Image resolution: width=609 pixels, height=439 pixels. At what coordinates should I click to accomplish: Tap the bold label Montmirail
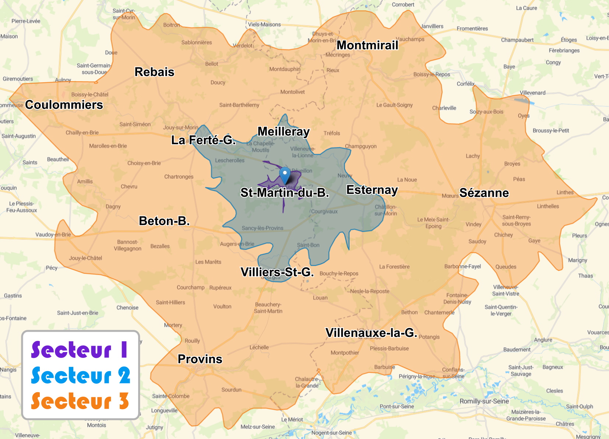coord(367,45)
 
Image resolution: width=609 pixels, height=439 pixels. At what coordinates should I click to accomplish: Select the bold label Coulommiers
coord(64,105)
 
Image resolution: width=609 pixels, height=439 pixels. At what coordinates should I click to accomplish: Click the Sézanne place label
coord(484,193)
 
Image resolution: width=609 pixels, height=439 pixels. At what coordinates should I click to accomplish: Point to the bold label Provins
coord(200,359)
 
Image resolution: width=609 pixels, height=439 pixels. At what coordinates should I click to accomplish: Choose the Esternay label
coord(372,190)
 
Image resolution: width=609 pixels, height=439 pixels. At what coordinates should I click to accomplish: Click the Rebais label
coord(154,72)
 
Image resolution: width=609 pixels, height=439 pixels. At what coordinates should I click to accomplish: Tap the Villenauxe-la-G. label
coord(371,332)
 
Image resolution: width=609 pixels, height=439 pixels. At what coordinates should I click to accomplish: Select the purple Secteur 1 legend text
coord(79,349)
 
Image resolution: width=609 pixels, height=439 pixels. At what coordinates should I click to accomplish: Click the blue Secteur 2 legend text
coord(80,375)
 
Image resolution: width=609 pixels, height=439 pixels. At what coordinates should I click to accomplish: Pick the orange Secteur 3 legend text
coord(80,401)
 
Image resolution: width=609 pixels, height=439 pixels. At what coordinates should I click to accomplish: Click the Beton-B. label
coord(164,221)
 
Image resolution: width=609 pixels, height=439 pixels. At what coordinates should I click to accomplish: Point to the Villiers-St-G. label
coord(277,272)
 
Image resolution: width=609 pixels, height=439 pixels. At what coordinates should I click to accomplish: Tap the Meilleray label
coord(284,131)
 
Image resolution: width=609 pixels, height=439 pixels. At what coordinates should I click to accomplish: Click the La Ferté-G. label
coord(203,140)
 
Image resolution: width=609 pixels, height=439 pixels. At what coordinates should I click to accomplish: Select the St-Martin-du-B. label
coord(284,192)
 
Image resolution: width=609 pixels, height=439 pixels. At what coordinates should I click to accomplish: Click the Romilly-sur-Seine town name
coord(484,401)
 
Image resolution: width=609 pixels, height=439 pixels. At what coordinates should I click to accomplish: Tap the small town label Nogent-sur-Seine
coord(332,433)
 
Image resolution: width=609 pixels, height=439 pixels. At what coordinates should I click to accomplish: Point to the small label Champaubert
coord(517,40)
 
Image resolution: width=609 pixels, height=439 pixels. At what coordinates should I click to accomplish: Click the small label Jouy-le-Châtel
coord(85,258)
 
